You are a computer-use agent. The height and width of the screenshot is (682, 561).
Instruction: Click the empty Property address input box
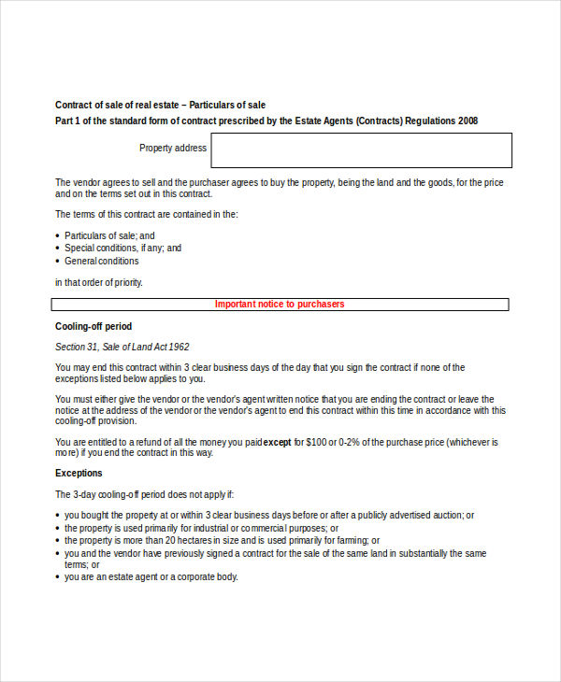click(x=361, y=150)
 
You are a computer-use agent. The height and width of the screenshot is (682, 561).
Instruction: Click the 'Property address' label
click(x=173, y=149)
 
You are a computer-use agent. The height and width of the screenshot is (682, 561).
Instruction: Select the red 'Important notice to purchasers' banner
click(x=280, y=305)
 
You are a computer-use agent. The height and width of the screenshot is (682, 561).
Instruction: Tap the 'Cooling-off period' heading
click(x=93, y=326)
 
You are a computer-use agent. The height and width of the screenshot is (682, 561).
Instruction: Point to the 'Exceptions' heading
click(x=79, y=474)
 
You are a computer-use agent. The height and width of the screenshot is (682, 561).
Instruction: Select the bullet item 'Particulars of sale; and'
click(x=109, y=235)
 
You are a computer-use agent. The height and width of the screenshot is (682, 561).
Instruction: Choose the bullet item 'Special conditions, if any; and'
click(x=122, y=249)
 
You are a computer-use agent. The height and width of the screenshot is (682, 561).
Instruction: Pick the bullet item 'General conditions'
click(x=101, y=262)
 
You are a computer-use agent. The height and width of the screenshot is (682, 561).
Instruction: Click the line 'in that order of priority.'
click(x=99, y=282)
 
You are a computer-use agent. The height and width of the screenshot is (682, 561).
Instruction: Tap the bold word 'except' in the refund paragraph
click(x=278, y=442)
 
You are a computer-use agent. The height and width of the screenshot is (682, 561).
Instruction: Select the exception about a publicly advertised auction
click(x=269, y=515)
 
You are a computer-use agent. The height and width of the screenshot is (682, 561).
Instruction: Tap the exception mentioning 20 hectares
click(x=222, y=541)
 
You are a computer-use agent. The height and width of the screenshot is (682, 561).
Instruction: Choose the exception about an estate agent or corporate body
click(x=151, y=577)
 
